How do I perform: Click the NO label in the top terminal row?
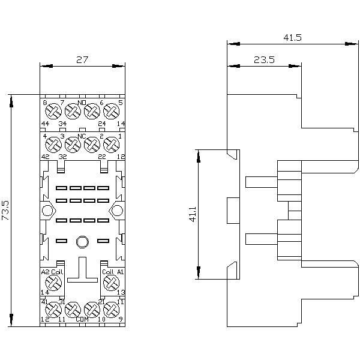coord(82,103)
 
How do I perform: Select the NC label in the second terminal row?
coord(82,136)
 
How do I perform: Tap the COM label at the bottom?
coord(82,319)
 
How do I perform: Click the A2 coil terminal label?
coord(45,272)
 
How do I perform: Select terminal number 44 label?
coord(45,124)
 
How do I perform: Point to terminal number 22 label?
coord(102,156)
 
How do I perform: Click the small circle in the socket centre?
coord(82,241)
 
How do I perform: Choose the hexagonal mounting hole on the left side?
coord(47,211)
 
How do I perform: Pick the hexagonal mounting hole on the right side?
coord(117,211)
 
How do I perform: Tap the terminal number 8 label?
coord(45,103)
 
